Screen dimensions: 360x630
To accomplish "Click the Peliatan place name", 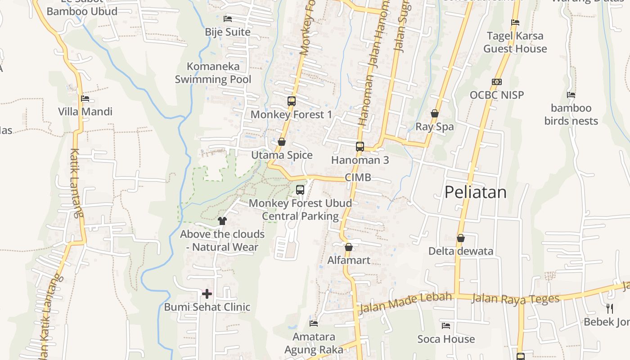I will pos(475,192).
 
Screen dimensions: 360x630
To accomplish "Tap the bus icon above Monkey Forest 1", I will pos(292,101).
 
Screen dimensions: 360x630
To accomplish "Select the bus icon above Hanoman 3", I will pos(360,146).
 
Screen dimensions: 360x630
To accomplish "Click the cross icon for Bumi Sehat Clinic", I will pos(207,294).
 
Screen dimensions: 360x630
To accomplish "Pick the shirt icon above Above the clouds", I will pos(222,220).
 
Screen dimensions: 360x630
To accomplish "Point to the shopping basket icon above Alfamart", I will pos(349,247).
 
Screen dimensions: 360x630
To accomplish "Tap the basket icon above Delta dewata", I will pos(460,238).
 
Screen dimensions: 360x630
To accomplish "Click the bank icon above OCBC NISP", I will pos(497,82).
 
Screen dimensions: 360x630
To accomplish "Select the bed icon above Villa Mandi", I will pos(85,99).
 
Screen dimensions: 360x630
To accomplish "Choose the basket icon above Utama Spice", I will pos(282,142).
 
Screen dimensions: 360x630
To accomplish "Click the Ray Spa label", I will pos(435,126).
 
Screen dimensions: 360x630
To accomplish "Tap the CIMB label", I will pos(358,177).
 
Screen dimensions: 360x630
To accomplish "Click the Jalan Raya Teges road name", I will pos(515,298).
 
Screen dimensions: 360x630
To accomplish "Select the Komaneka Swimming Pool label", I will pos(213,73).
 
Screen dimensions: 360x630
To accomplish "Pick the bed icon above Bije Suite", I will pos(228,19).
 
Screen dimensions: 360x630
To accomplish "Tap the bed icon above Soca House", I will pos(446,326).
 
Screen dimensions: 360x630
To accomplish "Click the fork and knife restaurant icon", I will pos(610,309).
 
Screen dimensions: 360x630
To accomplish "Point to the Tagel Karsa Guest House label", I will pos(515,42).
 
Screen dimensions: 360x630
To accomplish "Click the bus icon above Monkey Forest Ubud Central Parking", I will pos(300,190).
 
